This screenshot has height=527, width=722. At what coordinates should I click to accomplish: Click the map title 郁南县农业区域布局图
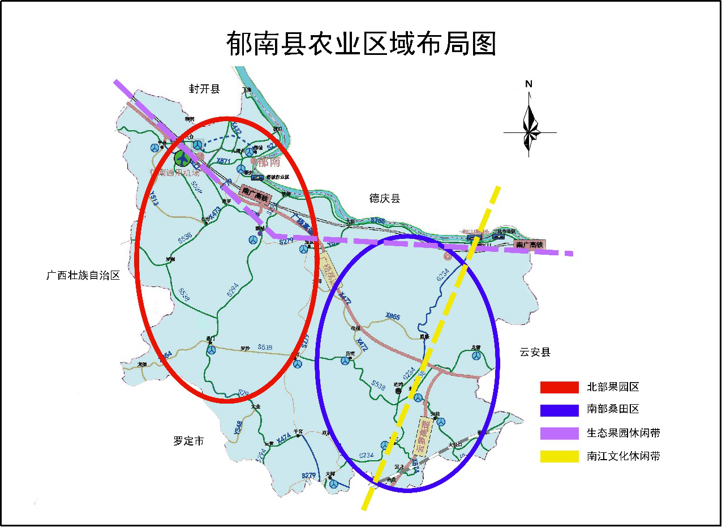click(361, 43)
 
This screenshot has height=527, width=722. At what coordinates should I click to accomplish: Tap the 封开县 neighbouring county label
click(204, 88)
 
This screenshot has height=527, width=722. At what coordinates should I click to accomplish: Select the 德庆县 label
click(385, 198)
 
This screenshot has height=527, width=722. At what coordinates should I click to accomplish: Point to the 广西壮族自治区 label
click(83, 276)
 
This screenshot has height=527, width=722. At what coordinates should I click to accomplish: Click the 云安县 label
click(535, 352)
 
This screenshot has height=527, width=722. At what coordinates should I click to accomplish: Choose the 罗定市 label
click(188, 441)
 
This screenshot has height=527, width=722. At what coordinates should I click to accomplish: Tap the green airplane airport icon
click(183, 158)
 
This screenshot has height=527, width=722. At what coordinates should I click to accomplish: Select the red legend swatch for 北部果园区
click(559, 387)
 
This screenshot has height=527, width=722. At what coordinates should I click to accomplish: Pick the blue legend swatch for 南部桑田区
click(559, 410)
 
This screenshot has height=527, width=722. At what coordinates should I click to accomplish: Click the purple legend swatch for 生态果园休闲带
click(559, 433)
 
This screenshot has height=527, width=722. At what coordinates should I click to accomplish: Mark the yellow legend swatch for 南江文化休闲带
click(559, 456)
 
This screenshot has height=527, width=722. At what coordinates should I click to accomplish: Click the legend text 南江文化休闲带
click(624, 456)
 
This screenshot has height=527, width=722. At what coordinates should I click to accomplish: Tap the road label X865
click(392, 316)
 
